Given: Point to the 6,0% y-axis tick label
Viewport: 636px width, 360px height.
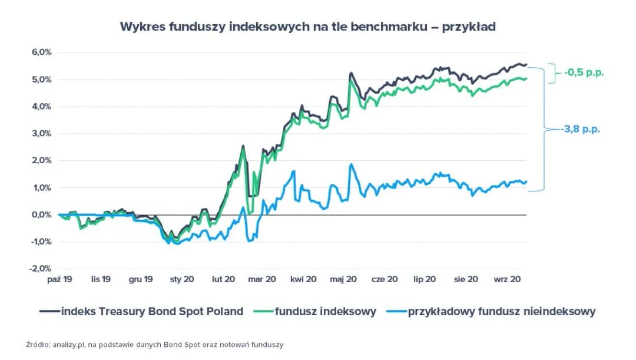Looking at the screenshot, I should (x=41, y=52).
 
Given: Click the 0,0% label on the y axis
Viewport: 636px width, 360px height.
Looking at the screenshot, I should (x=41, y=214).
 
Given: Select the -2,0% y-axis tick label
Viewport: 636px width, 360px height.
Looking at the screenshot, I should (x=40, y=269).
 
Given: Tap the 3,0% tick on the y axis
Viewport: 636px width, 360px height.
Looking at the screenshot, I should (x=41, y=133).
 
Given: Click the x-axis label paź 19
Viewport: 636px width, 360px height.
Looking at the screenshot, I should (x=59, y=279).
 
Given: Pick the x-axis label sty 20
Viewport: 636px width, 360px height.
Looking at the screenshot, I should (x=182, y=279).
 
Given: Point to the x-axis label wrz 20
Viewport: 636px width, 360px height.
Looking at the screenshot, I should (x=506, y=279).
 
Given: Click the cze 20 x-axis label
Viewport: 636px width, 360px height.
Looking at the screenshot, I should (x=384, y=279).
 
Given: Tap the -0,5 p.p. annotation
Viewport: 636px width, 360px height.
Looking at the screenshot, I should (x=584, y=73).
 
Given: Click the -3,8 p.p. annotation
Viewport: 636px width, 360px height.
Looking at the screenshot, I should (x=581, y=129).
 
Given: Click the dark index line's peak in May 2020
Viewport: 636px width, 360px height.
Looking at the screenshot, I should (x=350, y=73).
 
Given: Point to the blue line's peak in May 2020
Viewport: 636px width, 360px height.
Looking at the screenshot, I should (x=351, y=164).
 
